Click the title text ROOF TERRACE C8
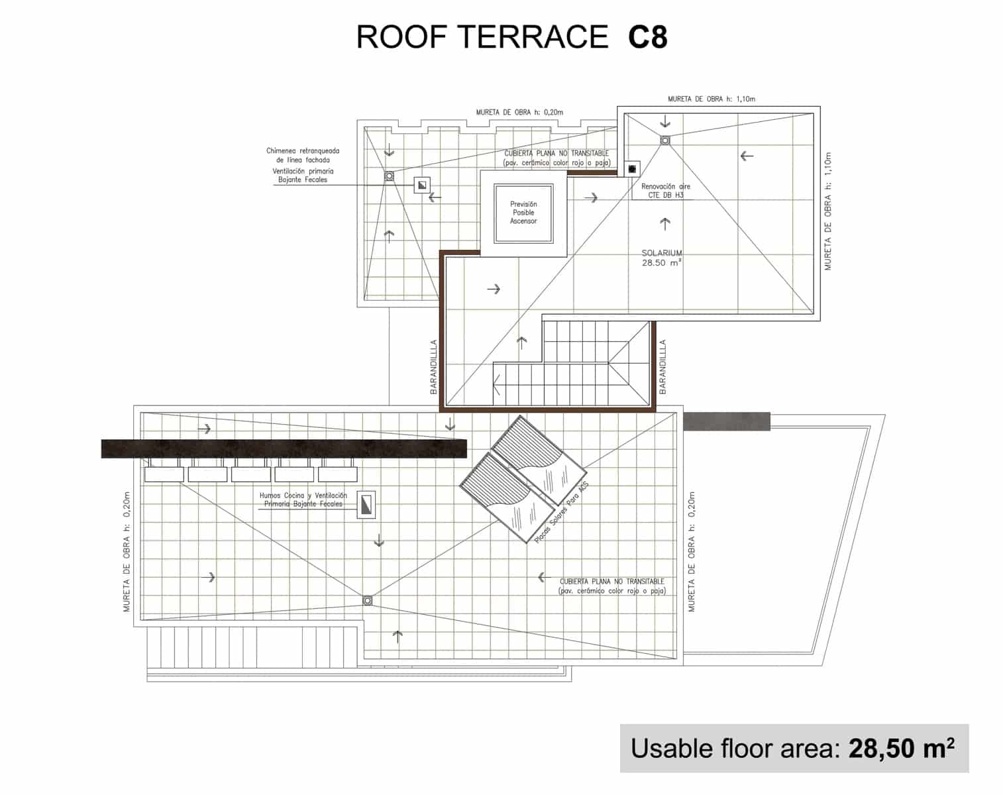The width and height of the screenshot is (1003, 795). click(511, 37)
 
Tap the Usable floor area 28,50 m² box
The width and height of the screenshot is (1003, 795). click(793, 748)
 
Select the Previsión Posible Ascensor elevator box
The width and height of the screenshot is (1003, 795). click(523, 213)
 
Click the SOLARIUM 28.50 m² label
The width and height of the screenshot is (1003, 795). click(661, 258)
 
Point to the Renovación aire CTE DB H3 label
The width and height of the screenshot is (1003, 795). click(665, 191)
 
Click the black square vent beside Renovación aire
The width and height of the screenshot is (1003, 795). click(632, 169)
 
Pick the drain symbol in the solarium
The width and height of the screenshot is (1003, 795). click(664, 140)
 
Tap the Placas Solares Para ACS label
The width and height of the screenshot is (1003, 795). click(561, 513)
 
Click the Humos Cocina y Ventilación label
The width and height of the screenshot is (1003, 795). click(303, 500)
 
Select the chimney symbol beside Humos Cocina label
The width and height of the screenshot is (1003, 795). click(366, 505)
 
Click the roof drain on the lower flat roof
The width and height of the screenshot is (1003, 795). click(367, 600)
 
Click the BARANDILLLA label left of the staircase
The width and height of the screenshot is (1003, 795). click(434, 367)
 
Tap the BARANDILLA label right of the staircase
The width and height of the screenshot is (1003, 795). click(662, 367)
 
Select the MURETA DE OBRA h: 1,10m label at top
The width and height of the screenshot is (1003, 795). click(711, 99)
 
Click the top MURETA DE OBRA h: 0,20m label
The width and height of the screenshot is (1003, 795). click(519, 112)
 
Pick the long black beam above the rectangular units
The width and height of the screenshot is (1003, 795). click(284, 449)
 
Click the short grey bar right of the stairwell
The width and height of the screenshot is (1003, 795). click(726, 421)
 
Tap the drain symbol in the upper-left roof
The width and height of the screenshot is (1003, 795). click(390, 176)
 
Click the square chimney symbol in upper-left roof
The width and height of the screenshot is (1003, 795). click(421, 185)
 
